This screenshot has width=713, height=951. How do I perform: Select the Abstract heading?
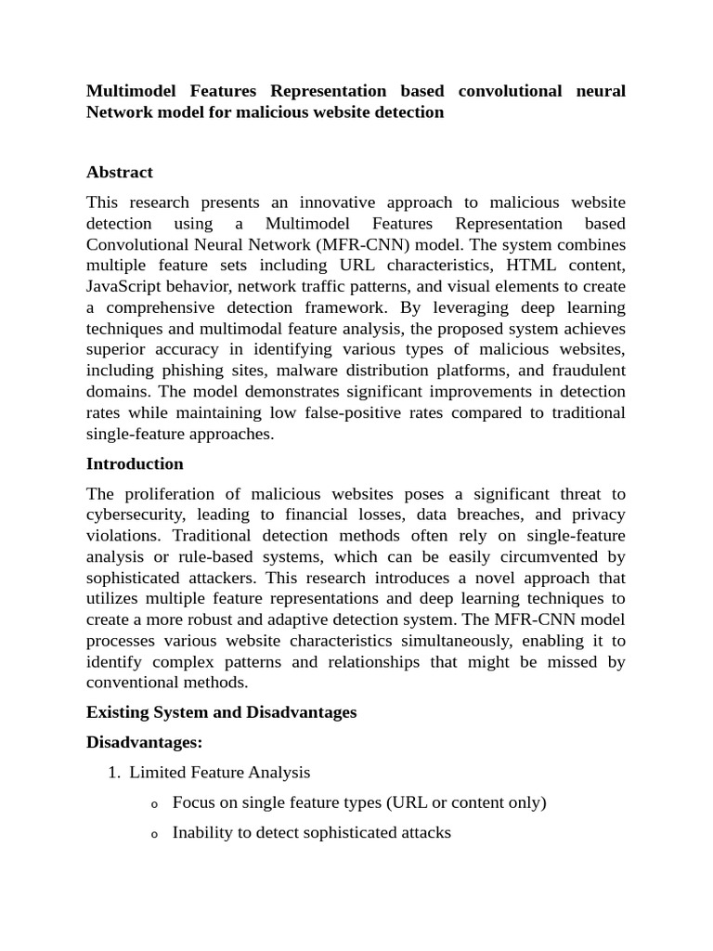click(119, 172)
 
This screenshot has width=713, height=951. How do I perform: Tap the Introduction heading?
click(135, 463)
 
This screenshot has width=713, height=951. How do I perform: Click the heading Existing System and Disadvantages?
click(221, 712)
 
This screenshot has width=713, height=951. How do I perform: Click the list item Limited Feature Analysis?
click(220, 772)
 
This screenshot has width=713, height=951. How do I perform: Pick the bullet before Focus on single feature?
click(154, 804)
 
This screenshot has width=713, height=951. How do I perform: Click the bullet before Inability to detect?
click(154, 835)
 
